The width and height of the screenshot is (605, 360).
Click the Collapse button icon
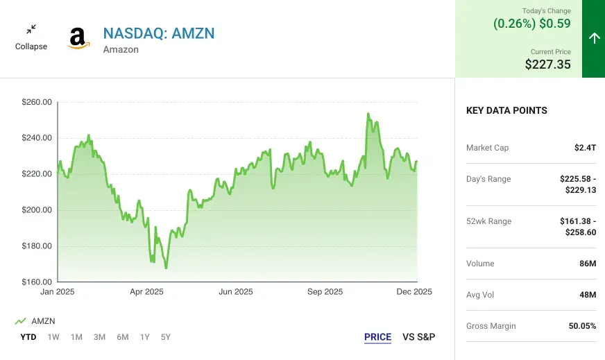(x=31, y=30)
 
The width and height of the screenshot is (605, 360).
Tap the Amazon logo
(x=78, y=38)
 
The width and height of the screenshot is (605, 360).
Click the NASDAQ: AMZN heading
(x=159, y=33)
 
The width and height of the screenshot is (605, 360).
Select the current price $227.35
(x=547, y=65)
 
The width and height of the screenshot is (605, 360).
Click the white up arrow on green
(x=593, y=38)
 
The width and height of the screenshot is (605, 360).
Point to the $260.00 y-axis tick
(x=37, y=102)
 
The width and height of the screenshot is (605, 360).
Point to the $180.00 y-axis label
(x=37, y=246)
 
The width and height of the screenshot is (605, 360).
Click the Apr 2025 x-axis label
(x=146, y=292)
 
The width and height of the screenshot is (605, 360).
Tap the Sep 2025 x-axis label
(x=325, y=292)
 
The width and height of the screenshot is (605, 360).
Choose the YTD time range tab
(x=28, y=337)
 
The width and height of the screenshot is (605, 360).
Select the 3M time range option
(x=99, y=337)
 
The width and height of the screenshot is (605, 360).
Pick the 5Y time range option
(x=165, y=337)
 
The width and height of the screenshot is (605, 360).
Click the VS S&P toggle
(x=418, y=337)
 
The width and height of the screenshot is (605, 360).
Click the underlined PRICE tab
(x=377, y=337)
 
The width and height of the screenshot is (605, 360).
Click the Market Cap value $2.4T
(x=585, y=148)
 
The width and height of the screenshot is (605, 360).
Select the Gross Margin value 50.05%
(x=579, y=326)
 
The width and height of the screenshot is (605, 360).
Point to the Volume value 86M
(x=587, y=264)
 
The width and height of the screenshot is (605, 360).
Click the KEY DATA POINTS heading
(x=506, y=110)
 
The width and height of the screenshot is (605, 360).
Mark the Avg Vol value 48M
(x=587, y=295)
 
